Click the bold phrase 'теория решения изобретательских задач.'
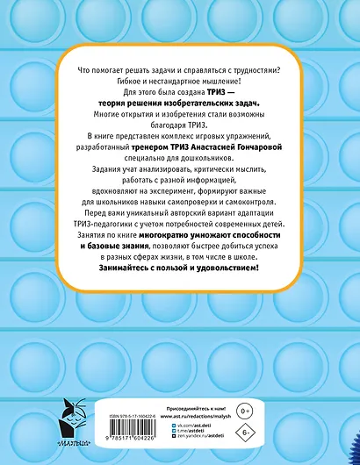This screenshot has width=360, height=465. point(179,103)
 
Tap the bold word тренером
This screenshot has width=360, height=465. point(146,149)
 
